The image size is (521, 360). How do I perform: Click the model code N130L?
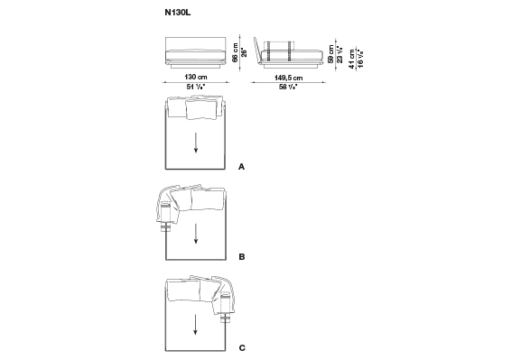pos(178,13)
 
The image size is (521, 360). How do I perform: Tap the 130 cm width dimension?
pos(196,77)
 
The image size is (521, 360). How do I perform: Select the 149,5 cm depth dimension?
pos(288,78)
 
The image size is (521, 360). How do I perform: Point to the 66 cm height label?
pos(236,53)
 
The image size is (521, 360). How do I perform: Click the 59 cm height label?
pos(330,54)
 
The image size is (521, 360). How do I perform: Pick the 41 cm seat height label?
pos(352,60)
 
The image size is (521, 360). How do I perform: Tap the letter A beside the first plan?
pos(242,167)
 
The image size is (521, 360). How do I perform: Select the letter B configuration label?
pos(242,257)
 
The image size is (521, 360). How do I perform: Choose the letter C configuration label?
pos(242,347)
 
